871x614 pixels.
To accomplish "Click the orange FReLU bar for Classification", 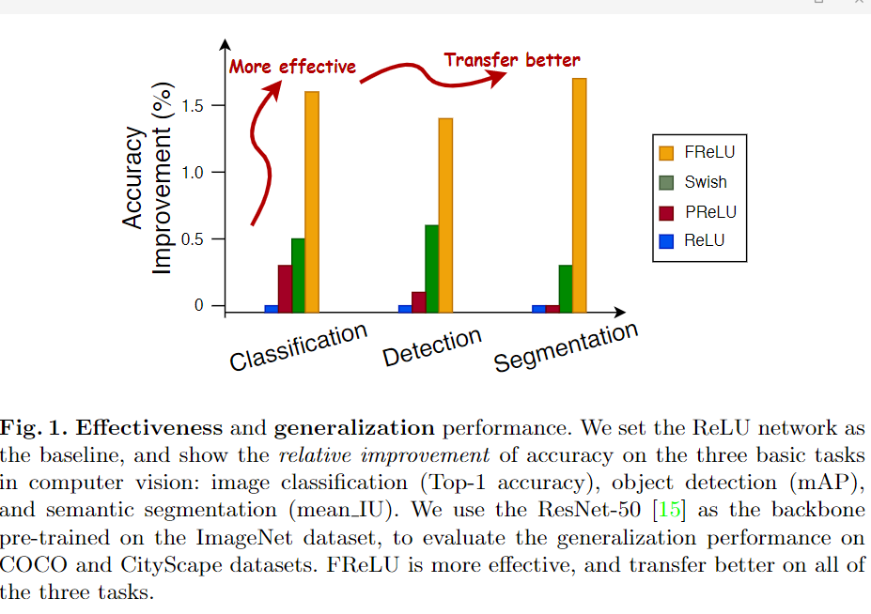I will (x=312, y=201).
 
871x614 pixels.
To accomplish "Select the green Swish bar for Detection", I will (x=431, y=268).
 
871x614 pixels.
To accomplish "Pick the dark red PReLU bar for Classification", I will (x=285, y=287).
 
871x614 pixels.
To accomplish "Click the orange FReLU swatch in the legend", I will (x=667, y=153).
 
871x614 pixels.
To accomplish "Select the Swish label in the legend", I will (x=706, y=182).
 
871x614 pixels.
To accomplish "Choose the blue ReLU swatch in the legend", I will (x=667, y=240).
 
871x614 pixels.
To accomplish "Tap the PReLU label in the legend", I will (x=710, y=211).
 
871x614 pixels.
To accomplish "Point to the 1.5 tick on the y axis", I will (x=193, y=105).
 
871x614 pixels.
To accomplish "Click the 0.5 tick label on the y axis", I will (x=193, y=239).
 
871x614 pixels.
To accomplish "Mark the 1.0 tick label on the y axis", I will (x=193, y=173).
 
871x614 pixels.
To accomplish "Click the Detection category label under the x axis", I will (x=432, y=346).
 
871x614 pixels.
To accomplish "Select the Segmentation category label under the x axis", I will (x=566, y=346).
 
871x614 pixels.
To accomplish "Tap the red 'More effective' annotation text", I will (x=293, y=67).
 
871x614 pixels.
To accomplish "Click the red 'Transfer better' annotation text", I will (x=512, y=60).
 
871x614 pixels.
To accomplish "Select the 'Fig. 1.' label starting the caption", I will (x=33, y=429).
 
